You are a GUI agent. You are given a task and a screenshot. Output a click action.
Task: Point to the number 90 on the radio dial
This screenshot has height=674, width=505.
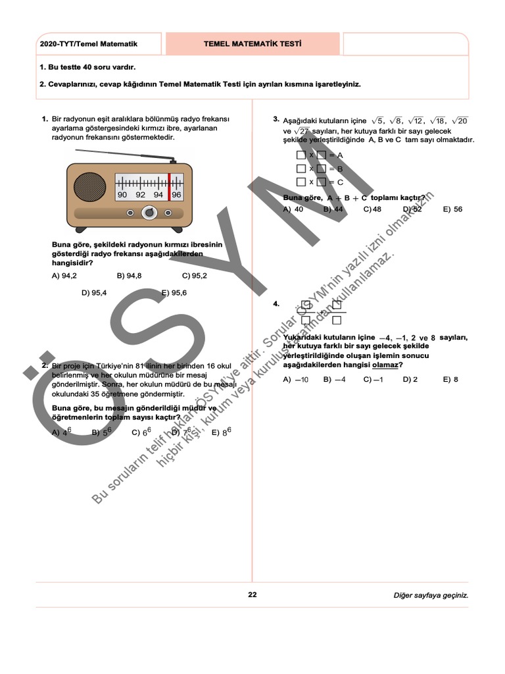tap(122, 195)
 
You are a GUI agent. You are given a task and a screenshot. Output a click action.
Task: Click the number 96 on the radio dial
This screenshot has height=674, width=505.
tap(176, 195)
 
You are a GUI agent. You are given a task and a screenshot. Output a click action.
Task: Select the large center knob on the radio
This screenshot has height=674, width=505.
tap(149, 213)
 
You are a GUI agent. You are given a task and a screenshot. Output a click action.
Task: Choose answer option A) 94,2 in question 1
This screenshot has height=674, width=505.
tap(64, 276)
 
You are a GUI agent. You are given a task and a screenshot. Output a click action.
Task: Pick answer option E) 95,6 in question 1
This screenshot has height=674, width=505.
tap(174, 293)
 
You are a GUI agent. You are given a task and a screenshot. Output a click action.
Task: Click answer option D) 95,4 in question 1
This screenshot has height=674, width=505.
tap(94, 293)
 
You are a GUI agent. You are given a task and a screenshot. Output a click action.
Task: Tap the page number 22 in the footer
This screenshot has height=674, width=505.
tap(252, 595)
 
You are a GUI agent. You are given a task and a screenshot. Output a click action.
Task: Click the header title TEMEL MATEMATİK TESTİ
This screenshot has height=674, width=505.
tap(252, 44)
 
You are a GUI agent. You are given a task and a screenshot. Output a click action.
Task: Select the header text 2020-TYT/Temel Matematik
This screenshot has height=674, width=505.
tap(88, 44)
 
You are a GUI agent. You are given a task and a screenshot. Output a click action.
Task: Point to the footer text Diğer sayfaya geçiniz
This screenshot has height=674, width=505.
tap(431, 596)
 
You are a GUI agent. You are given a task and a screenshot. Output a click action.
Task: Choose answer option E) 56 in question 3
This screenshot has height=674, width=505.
tap(452, 209)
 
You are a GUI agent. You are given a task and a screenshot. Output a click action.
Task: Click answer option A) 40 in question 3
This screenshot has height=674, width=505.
tap(293, 209)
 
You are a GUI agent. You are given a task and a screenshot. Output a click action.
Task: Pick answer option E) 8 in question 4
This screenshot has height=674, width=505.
tap(450, 380)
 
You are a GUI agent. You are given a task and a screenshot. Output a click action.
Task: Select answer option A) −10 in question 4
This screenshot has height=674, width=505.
tap(296, 380)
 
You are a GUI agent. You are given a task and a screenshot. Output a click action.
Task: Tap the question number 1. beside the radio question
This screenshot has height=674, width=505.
tap(45, 119)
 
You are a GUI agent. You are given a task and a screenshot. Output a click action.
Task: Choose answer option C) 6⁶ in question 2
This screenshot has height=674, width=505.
tap(141, 432)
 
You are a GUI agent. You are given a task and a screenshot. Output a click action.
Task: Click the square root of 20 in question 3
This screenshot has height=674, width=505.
tap(460, 120)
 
